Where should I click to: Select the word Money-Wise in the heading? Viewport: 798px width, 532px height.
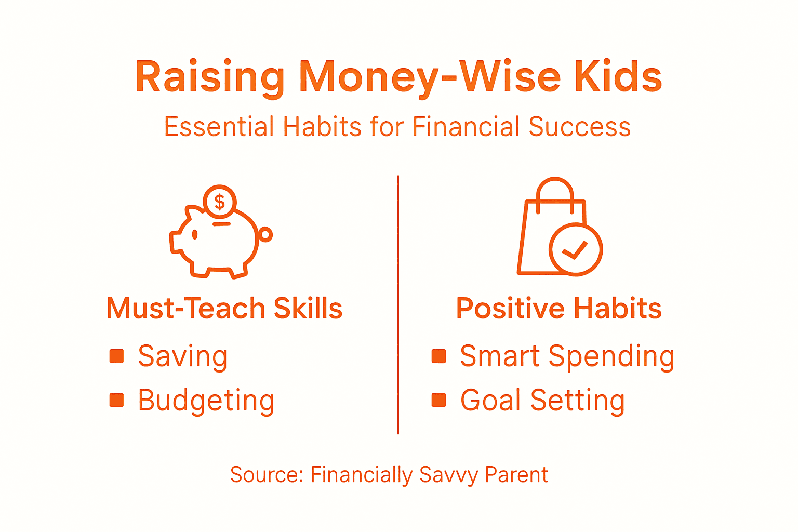[430, 77]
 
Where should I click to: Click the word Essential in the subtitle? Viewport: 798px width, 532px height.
[219, 127]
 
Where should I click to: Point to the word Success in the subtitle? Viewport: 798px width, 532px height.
[579, 127]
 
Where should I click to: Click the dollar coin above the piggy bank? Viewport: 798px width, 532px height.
[220, 202]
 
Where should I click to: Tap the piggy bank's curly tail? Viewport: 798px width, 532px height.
[265, 235]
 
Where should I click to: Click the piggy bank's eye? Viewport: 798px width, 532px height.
[195, 235]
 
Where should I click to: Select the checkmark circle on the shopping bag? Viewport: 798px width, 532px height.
[576, 250]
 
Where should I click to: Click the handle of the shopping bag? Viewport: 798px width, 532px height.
[555, 190]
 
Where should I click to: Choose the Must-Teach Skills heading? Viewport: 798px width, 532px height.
[224, 308]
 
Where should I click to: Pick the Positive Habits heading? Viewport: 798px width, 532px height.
[558, 308]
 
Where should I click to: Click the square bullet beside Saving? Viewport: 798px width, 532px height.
[117, 356]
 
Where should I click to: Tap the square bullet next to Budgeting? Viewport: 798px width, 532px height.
[117, 400]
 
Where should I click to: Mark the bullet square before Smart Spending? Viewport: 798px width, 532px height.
[439, 356]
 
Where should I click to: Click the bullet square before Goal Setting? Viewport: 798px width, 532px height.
[439, 400]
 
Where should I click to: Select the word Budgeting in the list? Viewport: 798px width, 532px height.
[206, 401]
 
